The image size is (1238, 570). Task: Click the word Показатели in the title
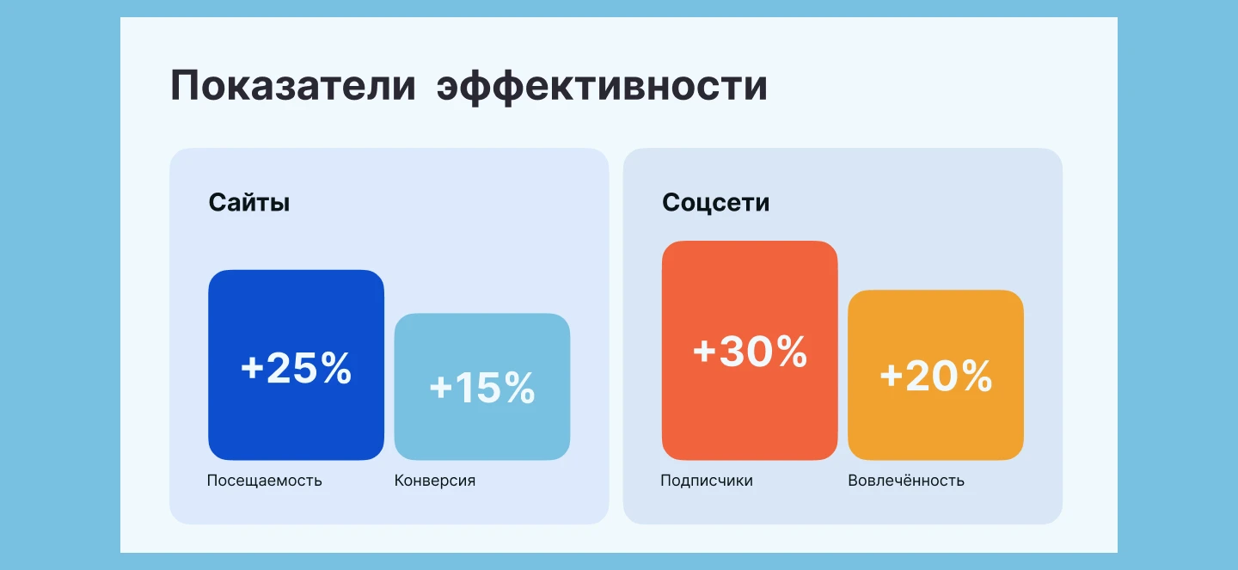click(x=292, y=87)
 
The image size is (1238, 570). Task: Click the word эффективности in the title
click(x=602, y=87)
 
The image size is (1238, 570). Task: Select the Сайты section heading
click(x=249, y=203)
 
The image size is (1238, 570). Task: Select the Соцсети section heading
click(x=715, y=203)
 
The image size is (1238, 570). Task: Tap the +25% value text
click(x=296, y=368)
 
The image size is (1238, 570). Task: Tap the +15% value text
click(x=481, y=388)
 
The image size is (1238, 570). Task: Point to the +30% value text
click(x=750, y=352)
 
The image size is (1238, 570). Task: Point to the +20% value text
click(x=935, y=376)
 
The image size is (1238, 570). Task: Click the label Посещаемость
click(x=264, y=481)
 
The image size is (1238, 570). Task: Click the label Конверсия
click(x=434, y=481)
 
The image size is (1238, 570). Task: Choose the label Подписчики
click(x=706, y=481)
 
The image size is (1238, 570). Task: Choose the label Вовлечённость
click(x=905, y=481)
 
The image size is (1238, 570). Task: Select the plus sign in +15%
click(x=440, y=388)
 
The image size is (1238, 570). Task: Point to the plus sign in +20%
click(x=891, y=376)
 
